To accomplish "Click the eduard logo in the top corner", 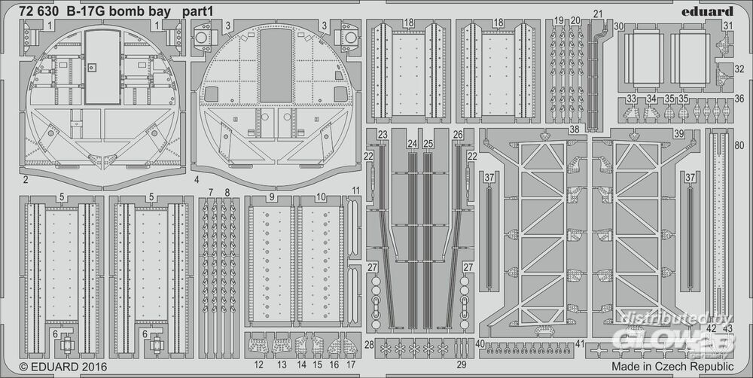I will point(710,11).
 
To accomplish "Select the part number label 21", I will point(598,14).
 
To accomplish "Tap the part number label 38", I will point(575,130).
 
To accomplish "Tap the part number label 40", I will point(480,343).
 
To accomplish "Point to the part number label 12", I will point(258,364).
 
